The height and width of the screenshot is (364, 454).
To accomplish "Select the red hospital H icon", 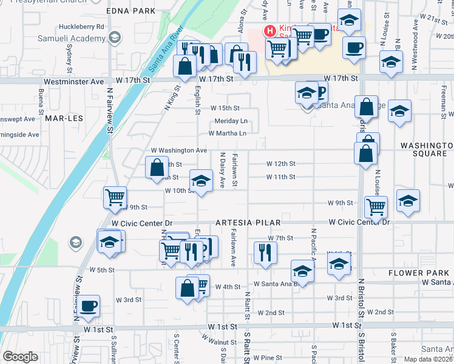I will [268, 30].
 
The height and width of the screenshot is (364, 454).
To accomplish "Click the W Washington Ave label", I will [179, 150].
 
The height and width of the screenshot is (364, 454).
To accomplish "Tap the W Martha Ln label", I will [228, 133].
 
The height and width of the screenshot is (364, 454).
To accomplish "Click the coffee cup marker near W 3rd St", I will [89, 306].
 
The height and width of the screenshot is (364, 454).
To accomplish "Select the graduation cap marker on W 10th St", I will [201, 181].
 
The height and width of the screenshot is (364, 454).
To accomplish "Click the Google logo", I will [20, 357].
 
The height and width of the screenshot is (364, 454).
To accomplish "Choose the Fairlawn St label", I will [234, 170].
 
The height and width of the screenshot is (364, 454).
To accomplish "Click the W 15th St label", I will [225, 107].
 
